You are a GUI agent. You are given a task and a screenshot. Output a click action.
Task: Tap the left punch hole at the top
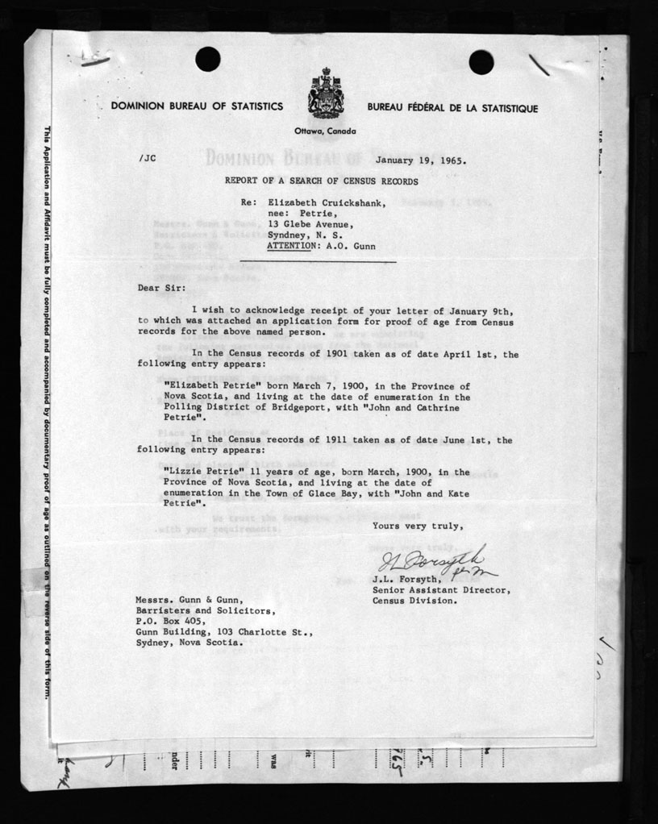click(207, 58)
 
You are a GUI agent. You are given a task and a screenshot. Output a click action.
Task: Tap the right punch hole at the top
click(481, 61)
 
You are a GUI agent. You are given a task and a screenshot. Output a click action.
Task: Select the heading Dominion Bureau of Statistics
click(197, 106)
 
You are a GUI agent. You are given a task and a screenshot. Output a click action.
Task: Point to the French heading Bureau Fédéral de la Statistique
click(452, 108)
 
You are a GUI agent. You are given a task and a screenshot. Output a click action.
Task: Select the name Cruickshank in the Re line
click(354, 202)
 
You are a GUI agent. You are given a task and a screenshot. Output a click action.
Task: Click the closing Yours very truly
click(418, 526)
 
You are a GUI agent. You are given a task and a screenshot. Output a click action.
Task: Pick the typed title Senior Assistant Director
click(441, 589)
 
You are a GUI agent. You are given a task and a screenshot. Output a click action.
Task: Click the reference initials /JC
click(147, 159)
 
